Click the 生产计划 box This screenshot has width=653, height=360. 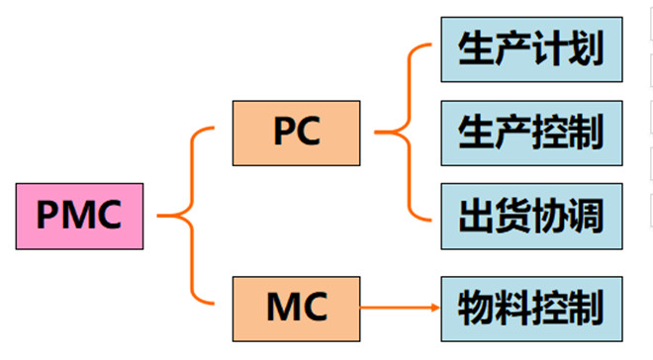tap(531, 46)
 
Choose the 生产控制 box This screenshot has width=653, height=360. tap(531, 132)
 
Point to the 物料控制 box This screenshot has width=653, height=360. tap(531, 307)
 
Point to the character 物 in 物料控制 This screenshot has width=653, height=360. tap(477, 308)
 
